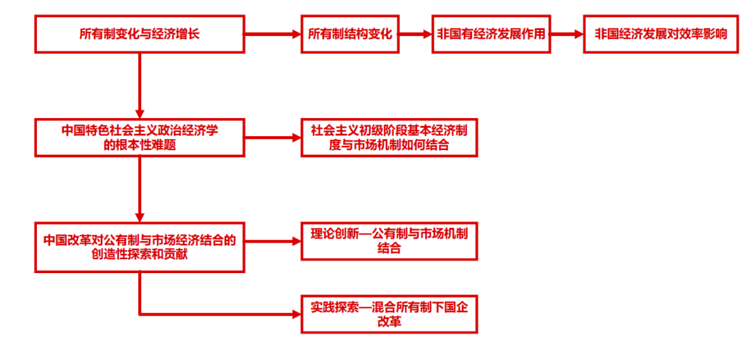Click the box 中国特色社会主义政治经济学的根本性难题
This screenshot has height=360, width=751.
139,137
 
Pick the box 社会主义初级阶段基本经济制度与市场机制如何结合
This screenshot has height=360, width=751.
389,137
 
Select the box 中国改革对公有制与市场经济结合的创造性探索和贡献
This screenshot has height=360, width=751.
139,247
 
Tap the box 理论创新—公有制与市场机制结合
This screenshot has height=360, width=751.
389,240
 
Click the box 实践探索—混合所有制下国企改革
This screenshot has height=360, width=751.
389,314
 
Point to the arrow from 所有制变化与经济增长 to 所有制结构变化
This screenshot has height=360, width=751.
271,33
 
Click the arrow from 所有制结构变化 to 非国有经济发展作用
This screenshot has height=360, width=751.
416,33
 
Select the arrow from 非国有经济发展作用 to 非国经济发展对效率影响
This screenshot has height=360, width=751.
565,33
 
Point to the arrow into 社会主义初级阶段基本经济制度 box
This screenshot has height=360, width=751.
271,137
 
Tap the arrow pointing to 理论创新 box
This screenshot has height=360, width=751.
271,241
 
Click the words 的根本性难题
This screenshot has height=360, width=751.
139,145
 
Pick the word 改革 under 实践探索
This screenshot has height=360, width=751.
389,322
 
